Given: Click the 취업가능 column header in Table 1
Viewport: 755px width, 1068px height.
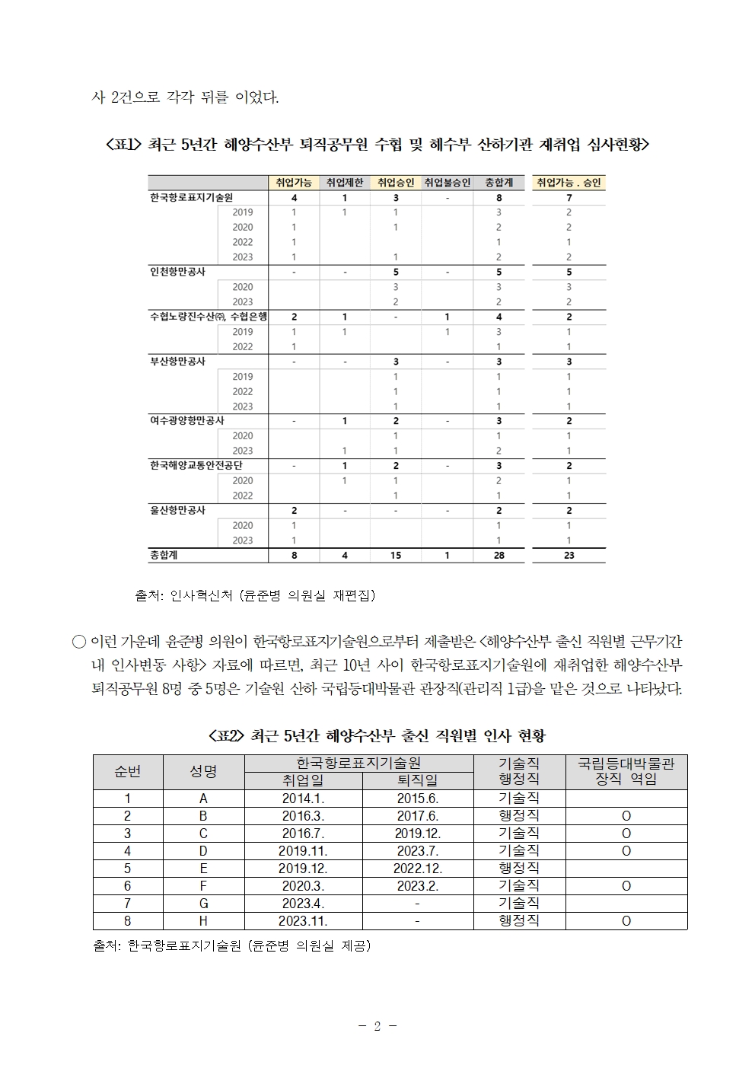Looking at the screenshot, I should pyautogui.click(x=294, y=183).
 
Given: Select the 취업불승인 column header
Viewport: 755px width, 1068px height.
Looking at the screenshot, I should pyautogui.click(x=447, y=183).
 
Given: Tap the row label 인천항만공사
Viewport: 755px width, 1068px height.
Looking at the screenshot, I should pyautogui.click(x=177, y=272).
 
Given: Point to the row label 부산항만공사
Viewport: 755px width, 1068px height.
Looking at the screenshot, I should pyautogui.click(x=177, y=362).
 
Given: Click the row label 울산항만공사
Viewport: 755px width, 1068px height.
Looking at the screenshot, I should pyautogui.click(x=177, y=510).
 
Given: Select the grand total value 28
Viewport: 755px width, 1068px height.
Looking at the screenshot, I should pyautogui.click(x=499, y=556).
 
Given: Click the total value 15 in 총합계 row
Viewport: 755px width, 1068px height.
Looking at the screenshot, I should pyautogui.click(x=396, y=556).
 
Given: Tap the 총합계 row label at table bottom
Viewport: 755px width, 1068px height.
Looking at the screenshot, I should pyautogui.click(x=164, y=556).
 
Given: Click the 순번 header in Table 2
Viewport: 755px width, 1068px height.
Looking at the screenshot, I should pyautogui.click(x=128, y=772).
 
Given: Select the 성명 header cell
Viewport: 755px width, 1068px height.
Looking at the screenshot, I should pyautogui.click(x=203, y=772).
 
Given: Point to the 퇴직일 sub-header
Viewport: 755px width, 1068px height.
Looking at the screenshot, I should pyautogui.click(x=418, y=780).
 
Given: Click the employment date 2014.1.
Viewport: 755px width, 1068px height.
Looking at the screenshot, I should pyautogui.click(x=303, y=799).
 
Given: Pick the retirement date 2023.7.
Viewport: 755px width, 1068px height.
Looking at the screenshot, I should pyautogui.click(x=418, y=851).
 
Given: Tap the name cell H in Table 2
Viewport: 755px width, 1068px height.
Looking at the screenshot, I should pyautogui.click(x=203, y=921).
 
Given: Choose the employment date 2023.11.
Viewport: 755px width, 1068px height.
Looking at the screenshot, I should pyautogui.click(x=303, y=921).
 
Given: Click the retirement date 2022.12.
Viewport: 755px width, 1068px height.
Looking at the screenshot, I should pyautogui.click(x=418, y=869).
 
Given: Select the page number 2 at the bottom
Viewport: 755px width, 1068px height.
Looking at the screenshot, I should pyautogui.click(x=377, y=1025).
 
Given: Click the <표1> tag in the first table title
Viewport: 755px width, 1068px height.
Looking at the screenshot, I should pyautogui.click(x=123, y=145).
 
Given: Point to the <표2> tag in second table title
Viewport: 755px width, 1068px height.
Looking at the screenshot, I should pyautogui.click(x=225, y=736).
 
